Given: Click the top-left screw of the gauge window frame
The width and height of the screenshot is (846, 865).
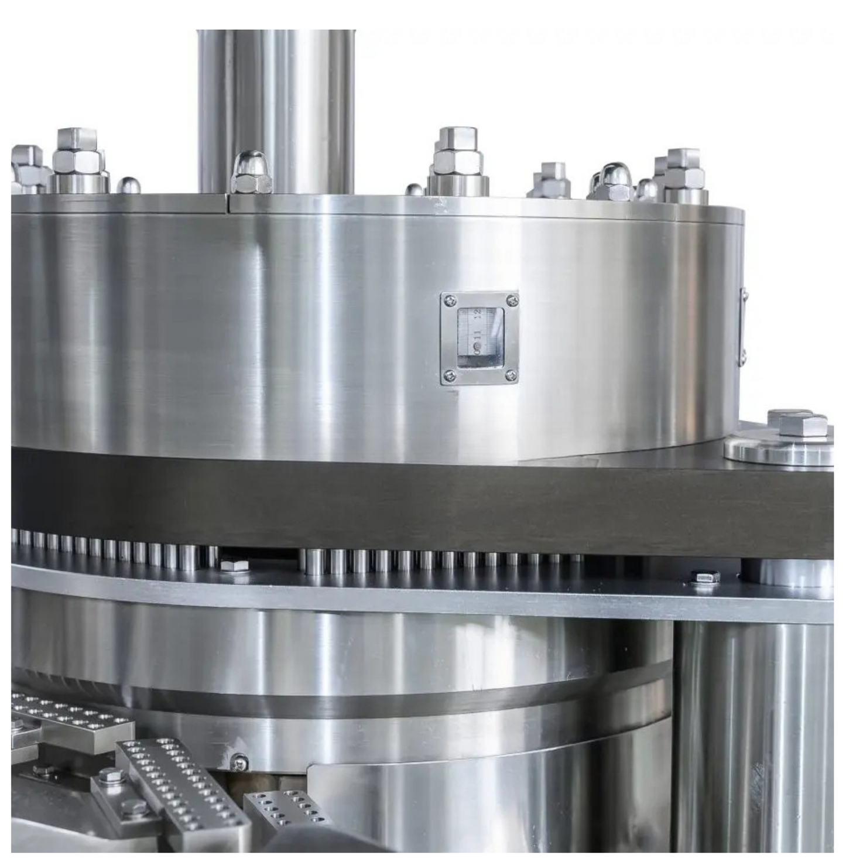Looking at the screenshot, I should click(449, 300).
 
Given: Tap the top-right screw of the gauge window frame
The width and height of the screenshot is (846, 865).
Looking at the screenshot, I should click(512, 300).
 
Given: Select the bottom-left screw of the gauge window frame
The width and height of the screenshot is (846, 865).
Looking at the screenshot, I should click(449, 375).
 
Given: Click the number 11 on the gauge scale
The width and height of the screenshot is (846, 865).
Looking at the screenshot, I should click(478, 336).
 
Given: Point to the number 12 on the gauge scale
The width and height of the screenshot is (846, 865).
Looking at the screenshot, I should click(478, 313).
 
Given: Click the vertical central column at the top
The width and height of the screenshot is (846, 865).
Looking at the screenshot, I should click(276, 105).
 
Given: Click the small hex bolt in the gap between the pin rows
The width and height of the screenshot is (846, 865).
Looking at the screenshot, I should click(234, 566).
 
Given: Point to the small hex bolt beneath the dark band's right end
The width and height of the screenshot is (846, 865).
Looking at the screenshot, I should click(705, 577).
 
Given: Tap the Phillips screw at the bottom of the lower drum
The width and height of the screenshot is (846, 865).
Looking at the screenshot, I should click(239, 762).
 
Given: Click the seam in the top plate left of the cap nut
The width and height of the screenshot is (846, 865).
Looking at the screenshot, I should click(229, 201).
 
